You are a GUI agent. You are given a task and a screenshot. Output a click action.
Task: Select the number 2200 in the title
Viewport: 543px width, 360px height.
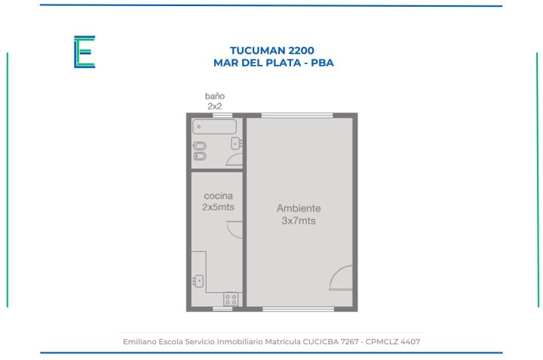point(301,51)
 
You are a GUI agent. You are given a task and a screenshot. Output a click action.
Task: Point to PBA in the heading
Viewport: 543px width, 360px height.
point(323,63)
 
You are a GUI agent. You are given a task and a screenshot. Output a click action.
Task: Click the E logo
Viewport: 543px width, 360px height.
point(84,51)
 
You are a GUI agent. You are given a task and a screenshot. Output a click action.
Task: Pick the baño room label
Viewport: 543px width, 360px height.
point(215,96)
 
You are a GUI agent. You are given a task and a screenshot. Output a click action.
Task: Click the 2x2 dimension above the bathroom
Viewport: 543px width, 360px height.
point(215,106)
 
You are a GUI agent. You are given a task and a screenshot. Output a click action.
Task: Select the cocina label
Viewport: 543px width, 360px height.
point(218,195)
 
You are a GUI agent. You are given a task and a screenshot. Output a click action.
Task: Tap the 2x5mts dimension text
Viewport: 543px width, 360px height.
point(218,207)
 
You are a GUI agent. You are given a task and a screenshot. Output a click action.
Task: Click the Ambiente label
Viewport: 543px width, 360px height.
point(299,208)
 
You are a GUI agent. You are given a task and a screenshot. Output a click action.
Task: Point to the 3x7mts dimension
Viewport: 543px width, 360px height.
point(299,220)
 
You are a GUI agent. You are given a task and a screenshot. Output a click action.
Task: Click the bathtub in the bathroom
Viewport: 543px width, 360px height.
point(214,127)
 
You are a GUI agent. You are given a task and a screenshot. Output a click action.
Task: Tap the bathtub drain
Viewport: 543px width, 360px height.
point(199,127)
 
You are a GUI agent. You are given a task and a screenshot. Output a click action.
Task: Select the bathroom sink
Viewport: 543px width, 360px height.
point(236,143)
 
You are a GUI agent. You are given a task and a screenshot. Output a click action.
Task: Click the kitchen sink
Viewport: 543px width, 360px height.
point(198,281)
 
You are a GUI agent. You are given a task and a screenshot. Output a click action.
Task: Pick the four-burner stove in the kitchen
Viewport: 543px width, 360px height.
point(231,299)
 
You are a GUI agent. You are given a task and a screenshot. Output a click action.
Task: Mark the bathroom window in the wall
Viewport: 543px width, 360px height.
point(222,115)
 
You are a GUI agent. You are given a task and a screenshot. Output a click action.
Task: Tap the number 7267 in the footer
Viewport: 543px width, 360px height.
point(349,342)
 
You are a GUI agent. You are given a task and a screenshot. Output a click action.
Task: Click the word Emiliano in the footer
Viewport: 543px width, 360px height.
point(140,342)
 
